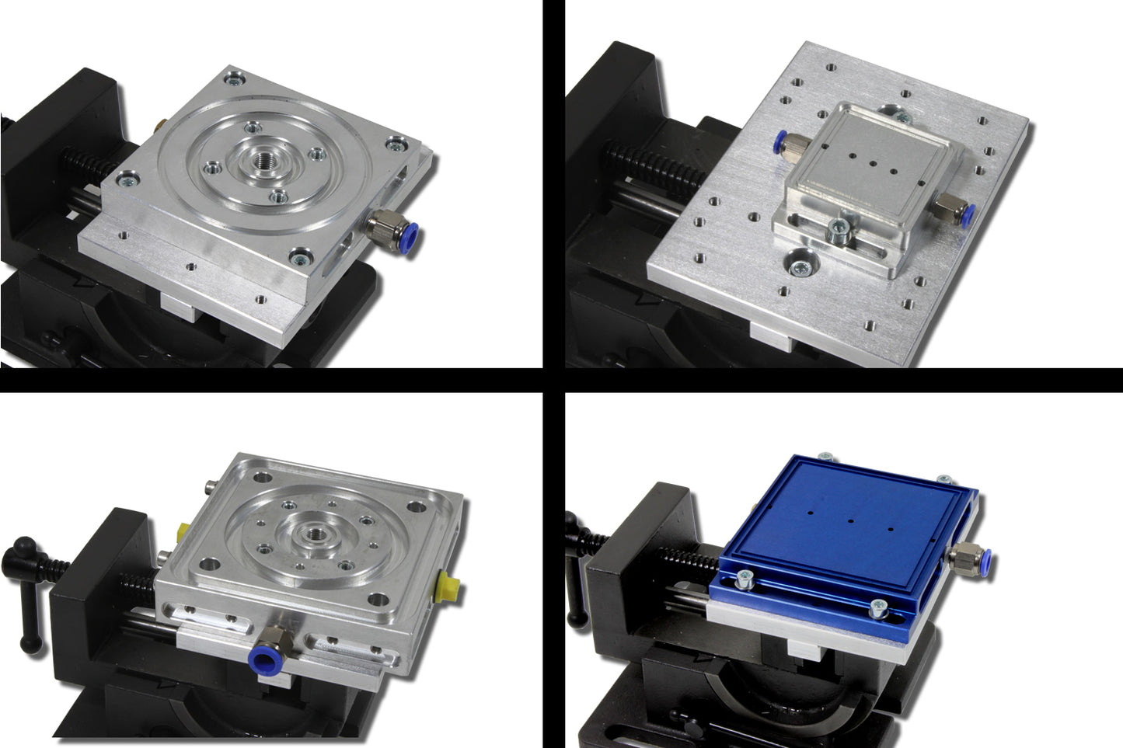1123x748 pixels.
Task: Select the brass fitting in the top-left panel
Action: point(159,124)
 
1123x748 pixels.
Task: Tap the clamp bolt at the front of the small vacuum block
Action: point(839,228)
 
